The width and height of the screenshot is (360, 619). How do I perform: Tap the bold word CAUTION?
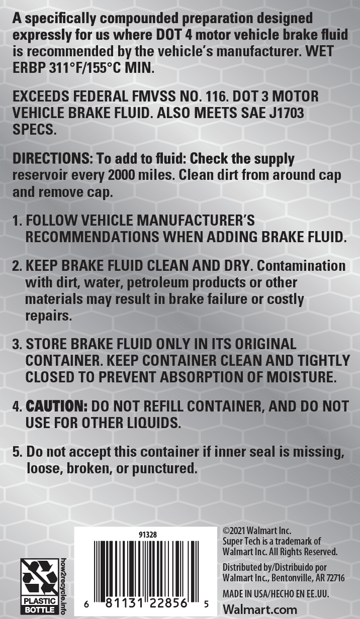(x=57, y=406)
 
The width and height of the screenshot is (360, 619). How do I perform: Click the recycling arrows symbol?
(x=39, y=576)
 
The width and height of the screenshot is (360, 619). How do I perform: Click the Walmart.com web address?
(x=252, y=609)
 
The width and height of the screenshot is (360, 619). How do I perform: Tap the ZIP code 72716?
(x=334, y=578)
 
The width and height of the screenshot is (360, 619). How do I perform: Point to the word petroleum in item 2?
(x=161, y=282)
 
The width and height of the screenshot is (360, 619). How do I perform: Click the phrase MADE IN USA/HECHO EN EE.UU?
(x=276, y=594)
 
